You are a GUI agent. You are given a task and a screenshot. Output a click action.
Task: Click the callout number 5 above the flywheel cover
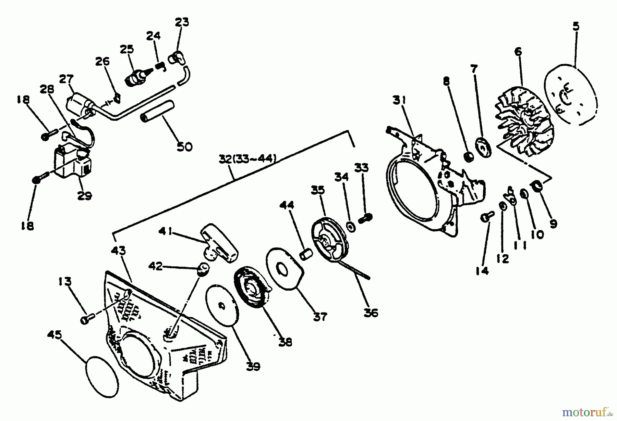click(576, 27)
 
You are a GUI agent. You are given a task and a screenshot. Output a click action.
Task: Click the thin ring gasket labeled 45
click(102, 376)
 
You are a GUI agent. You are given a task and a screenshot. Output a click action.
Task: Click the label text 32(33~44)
click(246, 159)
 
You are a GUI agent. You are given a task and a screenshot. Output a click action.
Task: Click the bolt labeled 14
click(487, 217)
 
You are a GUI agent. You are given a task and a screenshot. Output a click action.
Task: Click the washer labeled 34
click(350, 226)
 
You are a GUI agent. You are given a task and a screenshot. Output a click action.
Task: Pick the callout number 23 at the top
click(181, 23)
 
